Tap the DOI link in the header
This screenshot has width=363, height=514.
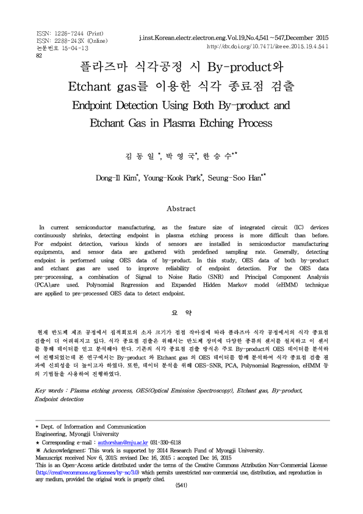coord(268,46)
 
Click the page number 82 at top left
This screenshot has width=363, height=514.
coord(39,55)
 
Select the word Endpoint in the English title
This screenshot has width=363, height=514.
coord(100,105)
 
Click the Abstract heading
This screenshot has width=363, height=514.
coord(181,208)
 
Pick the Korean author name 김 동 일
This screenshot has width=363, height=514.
coord(142,157)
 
